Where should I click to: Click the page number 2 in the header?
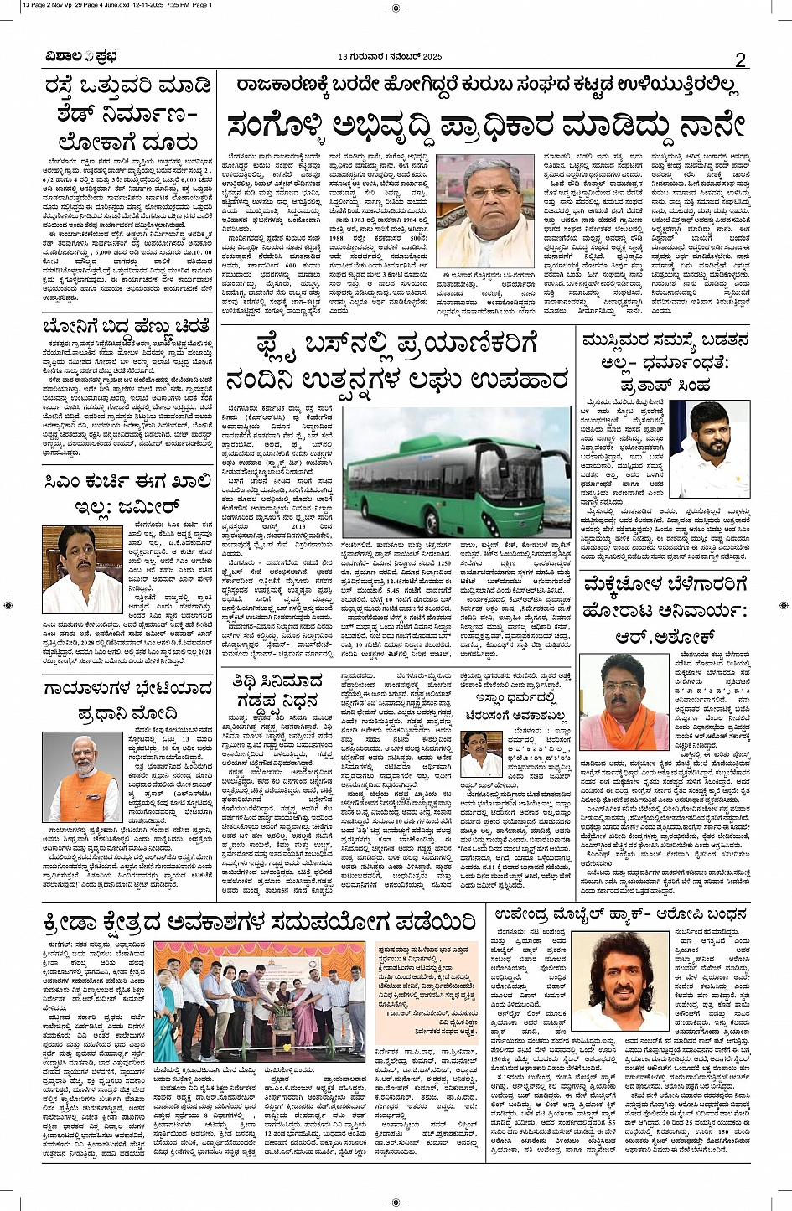pos(740,59)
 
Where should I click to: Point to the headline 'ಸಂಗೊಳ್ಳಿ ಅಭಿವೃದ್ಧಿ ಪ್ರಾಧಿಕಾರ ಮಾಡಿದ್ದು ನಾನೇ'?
pos(486,124)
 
